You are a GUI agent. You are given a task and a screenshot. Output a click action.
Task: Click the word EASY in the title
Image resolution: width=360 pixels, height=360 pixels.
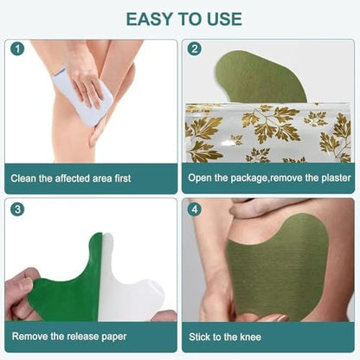click(x=150, y=19)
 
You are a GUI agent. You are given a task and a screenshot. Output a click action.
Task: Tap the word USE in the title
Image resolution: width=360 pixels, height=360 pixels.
click(x=224, y=19)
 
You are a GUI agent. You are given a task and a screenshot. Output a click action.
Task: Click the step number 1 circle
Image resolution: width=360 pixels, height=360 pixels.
click(x=17, y=48)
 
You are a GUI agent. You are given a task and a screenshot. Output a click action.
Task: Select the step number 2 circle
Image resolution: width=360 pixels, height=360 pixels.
click(x=195, y=48)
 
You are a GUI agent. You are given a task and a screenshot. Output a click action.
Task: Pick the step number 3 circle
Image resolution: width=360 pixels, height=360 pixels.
click(x=17, y=209)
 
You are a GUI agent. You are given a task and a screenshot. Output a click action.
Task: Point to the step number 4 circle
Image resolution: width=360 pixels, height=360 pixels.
click(x=195, y=209)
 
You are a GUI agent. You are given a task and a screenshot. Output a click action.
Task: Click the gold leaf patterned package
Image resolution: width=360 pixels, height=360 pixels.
click(x=267, y=132)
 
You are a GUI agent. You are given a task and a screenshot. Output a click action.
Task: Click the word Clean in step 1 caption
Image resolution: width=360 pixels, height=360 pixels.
click(x=24, y=178)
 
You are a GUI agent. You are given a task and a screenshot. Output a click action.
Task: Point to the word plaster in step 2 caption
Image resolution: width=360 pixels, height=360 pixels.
click(x=336, y=177)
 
